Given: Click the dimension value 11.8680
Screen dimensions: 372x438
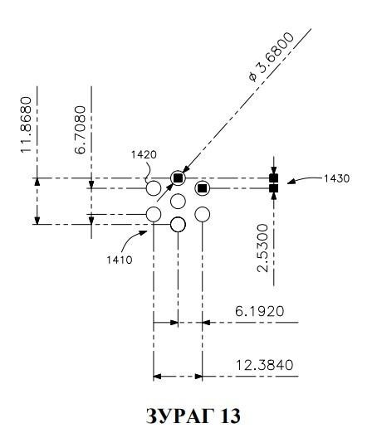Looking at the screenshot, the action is (x=26, y=124).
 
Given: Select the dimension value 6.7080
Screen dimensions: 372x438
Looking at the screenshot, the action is (x=80, y=130).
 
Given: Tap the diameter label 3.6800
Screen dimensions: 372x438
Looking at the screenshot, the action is (x=272, y=57).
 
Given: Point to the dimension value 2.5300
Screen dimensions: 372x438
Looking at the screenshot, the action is (x=263, y=248).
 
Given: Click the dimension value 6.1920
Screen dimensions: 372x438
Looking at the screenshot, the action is (x=260, y=311).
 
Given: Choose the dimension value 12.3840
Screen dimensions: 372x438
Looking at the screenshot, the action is (x=265, y=365).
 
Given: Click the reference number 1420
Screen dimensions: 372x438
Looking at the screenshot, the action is (x=144, y=154).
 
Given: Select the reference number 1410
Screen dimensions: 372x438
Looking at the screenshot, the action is (x=120, y=260).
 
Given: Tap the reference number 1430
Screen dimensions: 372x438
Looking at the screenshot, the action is (x=337, y=178).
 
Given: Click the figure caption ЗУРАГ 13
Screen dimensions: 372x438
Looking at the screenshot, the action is (x=193, y=416).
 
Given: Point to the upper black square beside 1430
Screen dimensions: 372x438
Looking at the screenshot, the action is (x=273, y=178).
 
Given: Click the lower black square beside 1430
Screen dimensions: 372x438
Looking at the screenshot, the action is (x=273, y=188).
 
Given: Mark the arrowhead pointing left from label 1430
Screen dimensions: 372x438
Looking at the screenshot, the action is (x=291, y=182).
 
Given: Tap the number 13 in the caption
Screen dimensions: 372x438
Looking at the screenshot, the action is (x=230, y=416).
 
